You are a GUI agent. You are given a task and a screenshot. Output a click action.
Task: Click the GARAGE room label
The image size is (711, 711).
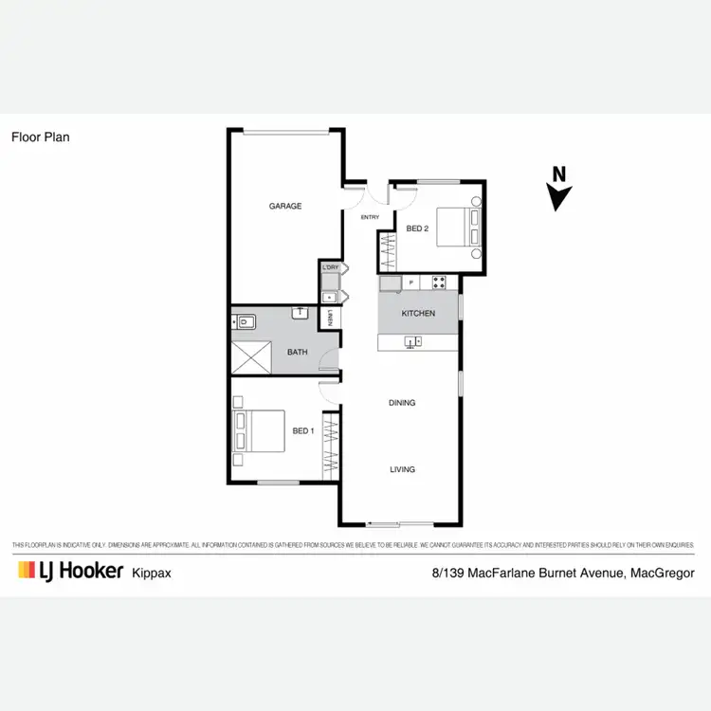284,206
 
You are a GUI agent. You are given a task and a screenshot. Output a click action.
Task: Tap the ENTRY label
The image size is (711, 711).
370,217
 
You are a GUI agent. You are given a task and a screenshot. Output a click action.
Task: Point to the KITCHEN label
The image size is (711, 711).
418,314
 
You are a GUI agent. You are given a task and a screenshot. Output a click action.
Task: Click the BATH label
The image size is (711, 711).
298,353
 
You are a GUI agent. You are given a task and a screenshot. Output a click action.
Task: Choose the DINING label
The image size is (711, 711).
402,403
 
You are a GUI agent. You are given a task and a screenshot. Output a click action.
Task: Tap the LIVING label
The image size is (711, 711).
402,469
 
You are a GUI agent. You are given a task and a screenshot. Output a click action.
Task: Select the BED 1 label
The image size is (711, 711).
302,431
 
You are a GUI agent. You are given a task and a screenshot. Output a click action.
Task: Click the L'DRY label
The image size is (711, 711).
331,268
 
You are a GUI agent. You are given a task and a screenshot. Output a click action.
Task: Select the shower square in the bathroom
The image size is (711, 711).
252,355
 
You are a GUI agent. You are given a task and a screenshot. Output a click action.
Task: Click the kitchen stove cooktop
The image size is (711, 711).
440,283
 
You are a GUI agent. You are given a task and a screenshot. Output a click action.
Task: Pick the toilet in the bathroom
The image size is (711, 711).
244,322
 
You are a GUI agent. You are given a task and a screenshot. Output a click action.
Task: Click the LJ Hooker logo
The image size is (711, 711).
70,571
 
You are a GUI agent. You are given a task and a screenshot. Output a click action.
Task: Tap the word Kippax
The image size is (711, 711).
151,573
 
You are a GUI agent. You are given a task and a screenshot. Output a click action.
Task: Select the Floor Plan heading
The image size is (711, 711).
40,137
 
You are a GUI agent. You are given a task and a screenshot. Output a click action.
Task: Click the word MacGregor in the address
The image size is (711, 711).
663,573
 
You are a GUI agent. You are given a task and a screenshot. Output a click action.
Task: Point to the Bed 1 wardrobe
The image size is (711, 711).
331,445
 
